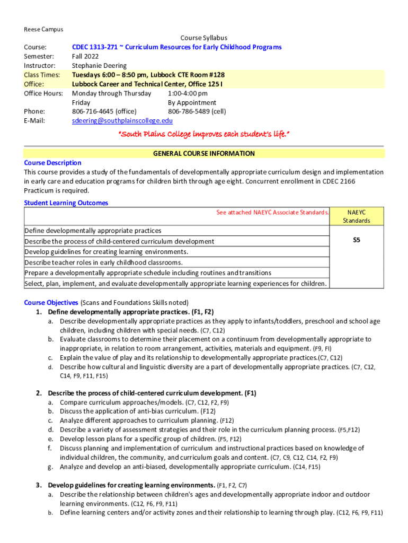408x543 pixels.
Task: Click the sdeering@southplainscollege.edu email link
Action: pos(122,121)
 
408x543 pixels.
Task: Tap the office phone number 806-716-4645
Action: pos(104,111)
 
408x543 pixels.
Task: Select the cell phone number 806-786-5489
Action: pos(197,111)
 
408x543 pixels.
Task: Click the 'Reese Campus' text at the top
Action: pos(43,29)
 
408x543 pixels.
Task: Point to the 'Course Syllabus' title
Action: pos(203,38)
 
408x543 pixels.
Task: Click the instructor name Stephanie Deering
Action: pos(99,66)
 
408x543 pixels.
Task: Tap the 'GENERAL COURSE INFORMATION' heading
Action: pos(203,154)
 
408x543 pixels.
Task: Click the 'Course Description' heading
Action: pos(52,163)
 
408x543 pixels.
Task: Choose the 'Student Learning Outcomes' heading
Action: pos(66,203)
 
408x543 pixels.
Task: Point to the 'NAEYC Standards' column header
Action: pos(356,216)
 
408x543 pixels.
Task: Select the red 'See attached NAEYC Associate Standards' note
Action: pos(272,213)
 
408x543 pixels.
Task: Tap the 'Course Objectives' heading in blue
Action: pos(51,302)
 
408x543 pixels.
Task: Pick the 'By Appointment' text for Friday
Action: pos(192,102)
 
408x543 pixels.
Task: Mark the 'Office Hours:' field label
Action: pos(43,93)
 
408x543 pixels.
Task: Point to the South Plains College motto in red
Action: pos(203,134)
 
